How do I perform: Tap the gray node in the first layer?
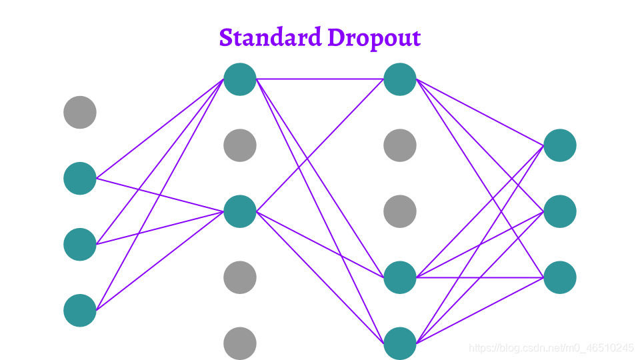[80, 112]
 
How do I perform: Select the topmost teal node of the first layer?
[80, 178]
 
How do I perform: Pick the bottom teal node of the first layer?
[80, 310]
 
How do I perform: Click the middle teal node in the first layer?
[80, 244]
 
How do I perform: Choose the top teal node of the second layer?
[240, 79]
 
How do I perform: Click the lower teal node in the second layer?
[240, 211]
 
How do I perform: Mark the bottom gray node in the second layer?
[240, 343]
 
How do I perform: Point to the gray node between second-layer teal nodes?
[240, 145]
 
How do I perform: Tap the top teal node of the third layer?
[400, 79]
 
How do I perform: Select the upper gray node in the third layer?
[400, 145]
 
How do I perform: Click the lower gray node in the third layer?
[400, 211]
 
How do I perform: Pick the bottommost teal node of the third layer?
[400, 343]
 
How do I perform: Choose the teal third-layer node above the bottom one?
[400, 277]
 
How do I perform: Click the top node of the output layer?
[560, 145]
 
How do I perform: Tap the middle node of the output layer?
[560, 211]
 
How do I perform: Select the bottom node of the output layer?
[560, 277]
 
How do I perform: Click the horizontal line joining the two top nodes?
[320, 79]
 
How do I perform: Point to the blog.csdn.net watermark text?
[551, 348]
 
